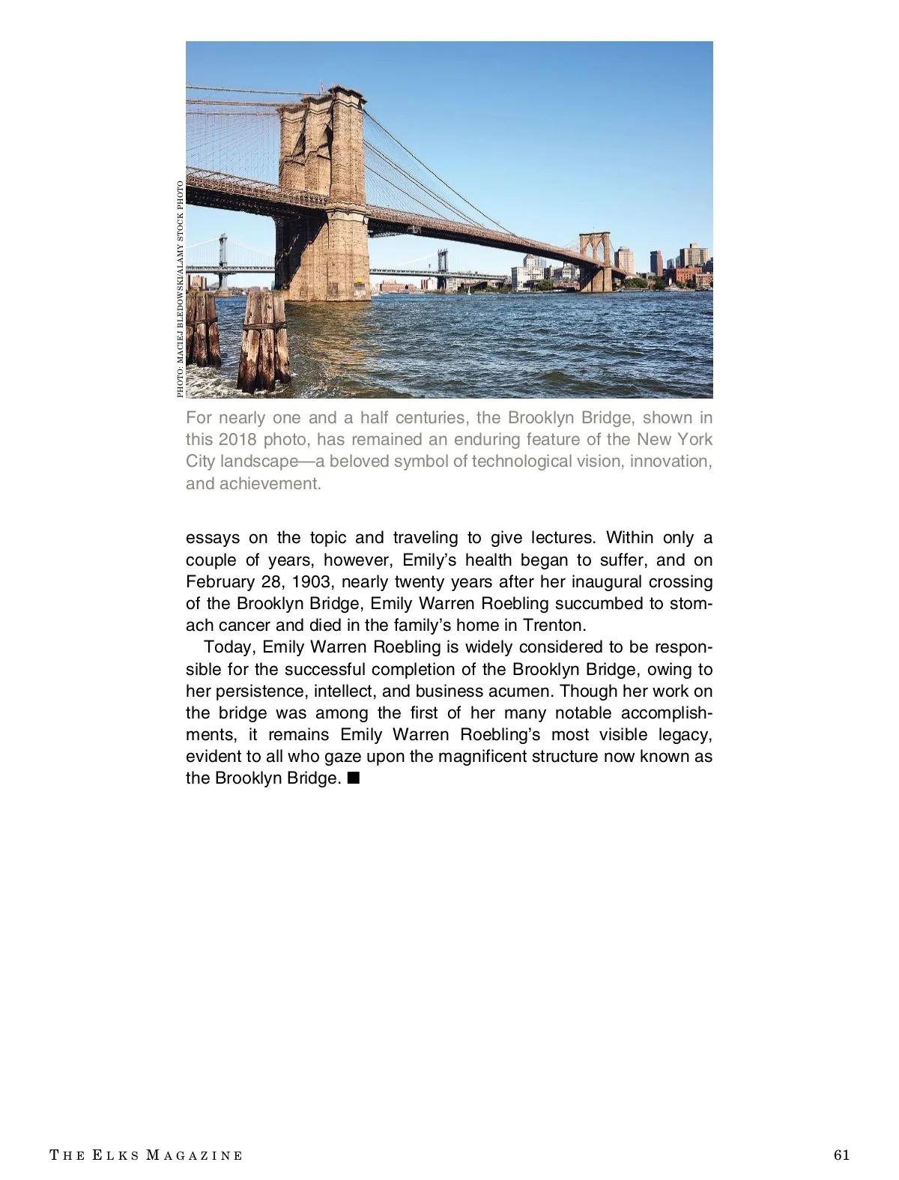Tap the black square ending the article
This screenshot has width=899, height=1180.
354,778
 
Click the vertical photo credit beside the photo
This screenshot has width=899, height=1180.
180,289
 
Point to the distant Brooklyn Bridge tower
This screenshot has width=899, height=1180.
597,262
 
